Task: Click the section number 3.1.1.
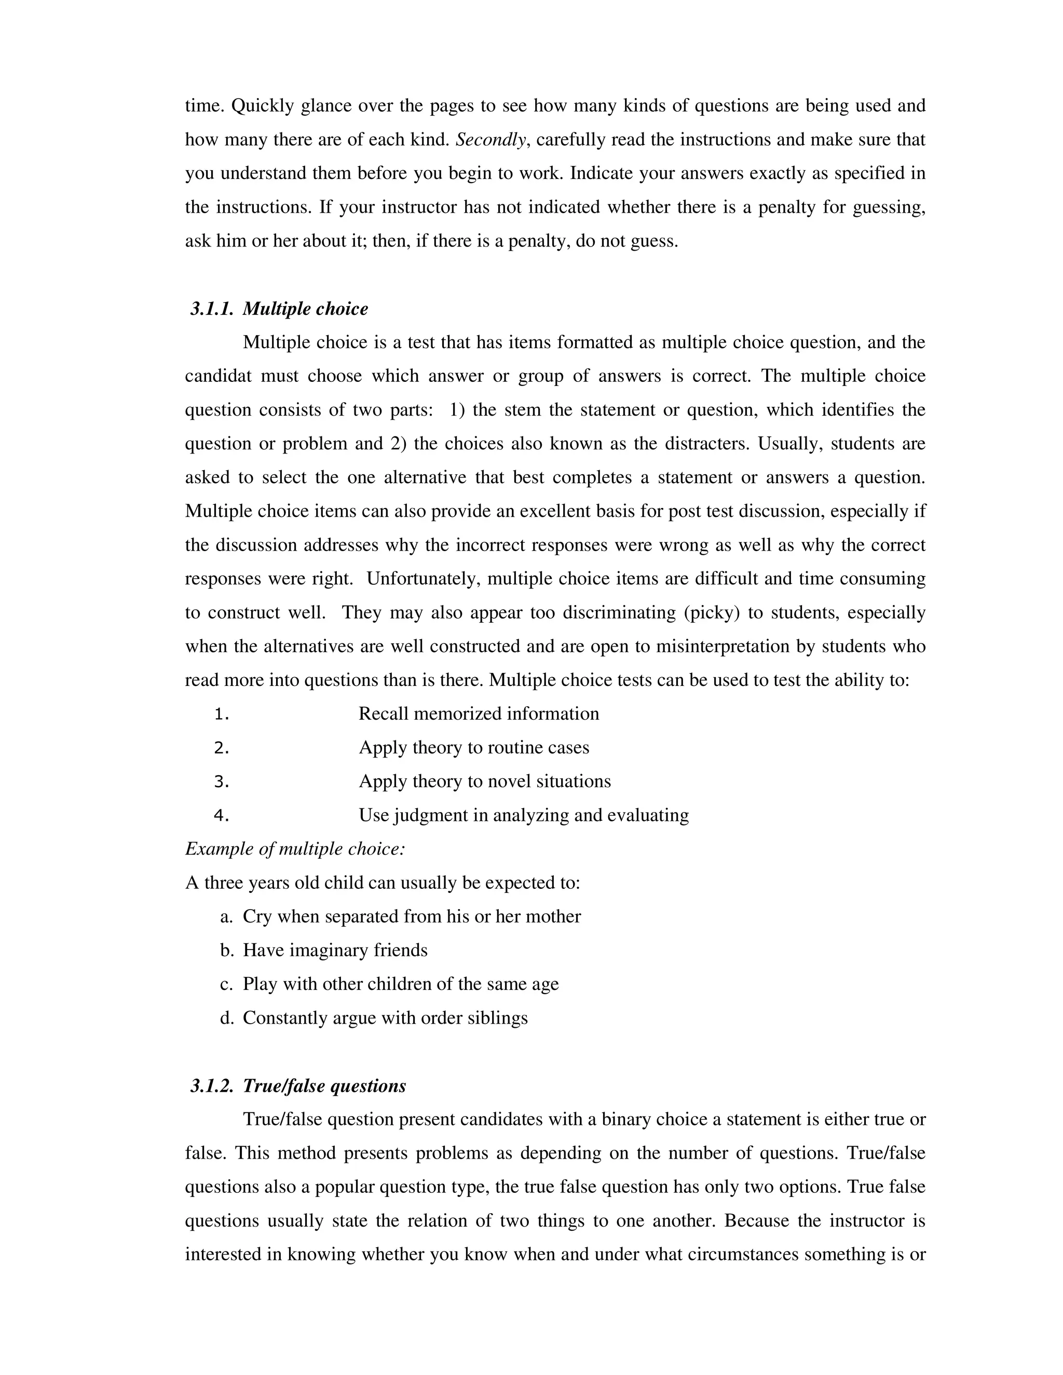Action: pos(212,309)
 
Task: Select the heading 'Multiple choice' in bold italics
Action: pos(305,309)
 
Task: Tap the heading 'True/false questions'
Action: pos(324,1085)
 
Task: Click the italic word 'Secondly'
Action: pos(490,140)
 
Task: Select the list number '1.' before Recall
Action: pos(221,714)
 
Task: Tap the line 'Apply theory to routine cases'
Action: pos(473,747)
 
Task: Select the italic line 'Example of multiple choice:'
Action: pos(295,849)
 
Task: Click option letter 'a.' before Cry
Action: pos(227,917)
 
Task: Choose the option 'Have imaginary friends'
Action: pos(335,950)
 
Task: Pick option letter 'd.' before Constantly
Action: pos(227,1018)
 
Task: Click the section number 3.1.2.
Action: pos(212,1085)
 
